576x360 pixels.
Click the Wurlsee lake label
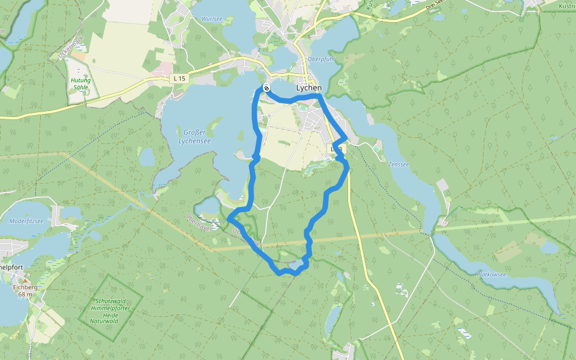pos(211,19)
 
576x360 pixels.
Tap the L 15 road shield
pos(179,79)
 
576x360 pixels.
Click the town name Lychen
pos(309,88)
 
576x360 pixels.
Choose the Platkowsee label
pos(491,275)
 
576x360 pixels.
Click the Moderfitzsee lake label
pos(26,221)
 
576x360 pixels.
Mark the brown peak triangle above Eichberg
pos(25,280)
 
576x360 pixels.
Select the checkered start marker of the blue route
pos(266,88)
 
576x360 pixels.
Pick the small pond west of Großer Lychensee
pos(147,157)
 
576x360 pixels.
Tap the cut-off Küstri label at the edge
pos(566,6)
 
